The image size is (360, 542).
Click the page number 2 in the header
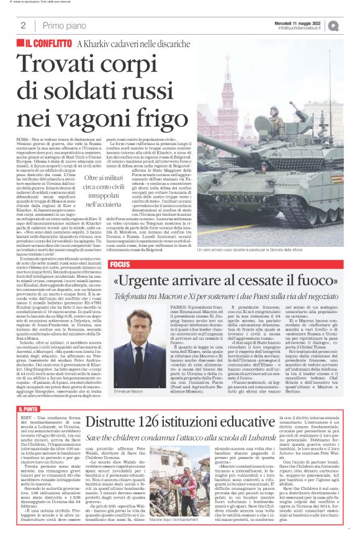pos(23,25)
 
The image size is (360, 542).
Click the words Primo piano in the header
pos(63,25)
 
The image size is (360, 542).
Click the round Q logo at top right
pos(351,25)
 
